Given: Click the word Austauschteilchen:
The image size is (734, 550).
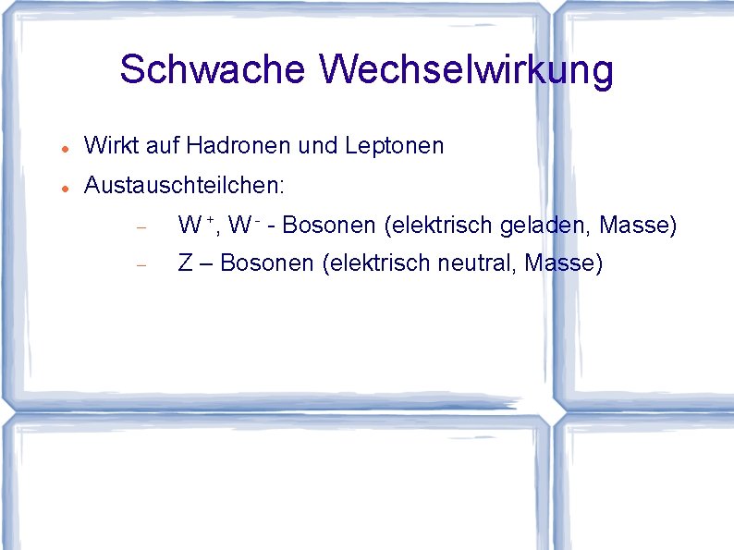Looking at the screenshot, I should tap(184, 186).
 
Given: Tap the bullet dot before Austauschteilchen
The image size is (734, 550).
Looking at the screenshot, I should tap(58, 188).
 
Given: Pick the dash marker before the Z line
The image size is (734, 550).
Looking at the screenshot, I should tap(141, 265).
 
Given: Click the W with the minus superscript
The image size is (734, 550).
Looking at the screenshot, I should tap(242, 225).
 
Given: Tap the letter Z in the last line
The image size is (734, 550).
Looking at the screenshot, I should tap(185, 263).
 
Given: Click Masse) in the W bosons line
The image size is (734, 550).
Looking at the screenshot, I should tap(639, 225).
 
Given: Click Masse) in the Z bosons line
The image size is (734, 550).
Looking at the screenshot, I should tap(563, 263).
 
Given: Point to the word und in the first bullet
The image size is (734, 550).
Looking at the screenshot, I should tap(317, 146).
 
